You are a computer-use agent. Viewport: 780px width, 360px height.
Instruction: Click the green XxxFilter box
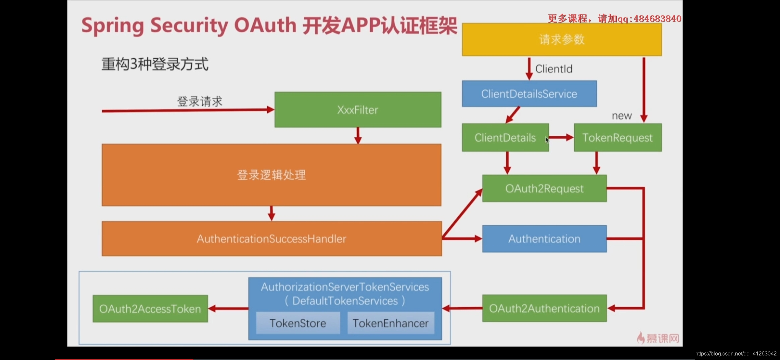(x=358, y=110)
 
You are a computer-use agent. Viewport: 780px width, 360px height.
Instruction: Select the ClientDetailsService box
(x=529, y=94)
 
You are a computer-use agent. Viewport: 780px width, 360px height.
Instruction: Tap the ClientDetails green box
(x=505, y=138)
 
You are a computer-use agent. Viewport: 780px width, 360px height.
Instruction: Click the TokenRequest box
(x=617, y=138)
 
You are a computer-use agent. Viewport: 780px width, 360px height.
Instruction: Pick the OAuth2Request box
(x=544, y=189)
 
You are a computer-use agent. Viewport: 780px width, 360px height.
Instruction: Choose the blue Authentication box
(x=544, y=239)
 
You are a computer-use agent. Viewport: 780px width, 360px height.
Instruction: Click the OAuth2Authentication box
(x=544, y=308)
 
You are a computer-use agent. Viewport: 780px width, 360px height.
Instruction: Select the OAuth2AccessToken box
(x=150, y=309)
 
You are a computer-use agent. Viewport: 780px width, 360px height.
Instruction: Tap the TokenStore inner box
(x=298, y=323)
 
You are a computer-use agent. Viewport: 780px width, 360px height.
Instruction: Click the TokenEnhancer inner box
(x=390, y=323)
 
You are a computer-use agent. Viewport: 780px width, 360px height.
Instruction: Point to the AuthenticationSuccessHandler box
(x=271, y=239)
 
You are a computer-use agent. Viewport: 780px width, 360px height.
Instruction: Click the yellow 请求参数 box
(x=562, y=39)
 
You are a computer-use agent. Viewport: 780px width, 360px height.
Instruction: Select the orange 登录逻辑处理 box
(x=271, y=175)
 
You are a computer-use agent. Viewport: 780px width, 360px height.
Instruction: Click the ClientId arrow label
(x=554, y=69)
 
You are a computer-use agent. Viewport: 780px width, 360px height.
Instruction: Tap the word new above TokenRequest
(x=622, y=116)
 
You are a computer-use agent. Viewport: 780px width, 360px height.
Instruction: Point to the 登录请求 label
(x=199, y=101)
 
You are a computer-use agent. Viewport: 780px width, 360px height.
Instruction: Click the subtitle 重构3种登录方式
(x=155, y=64)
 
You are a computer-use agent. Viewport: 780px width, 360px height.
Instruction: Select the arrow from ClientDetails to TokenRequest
(x=561, y=137)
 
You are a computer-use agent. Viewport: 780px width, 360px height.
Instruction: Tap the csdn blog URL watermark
(x=736, y=353)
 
